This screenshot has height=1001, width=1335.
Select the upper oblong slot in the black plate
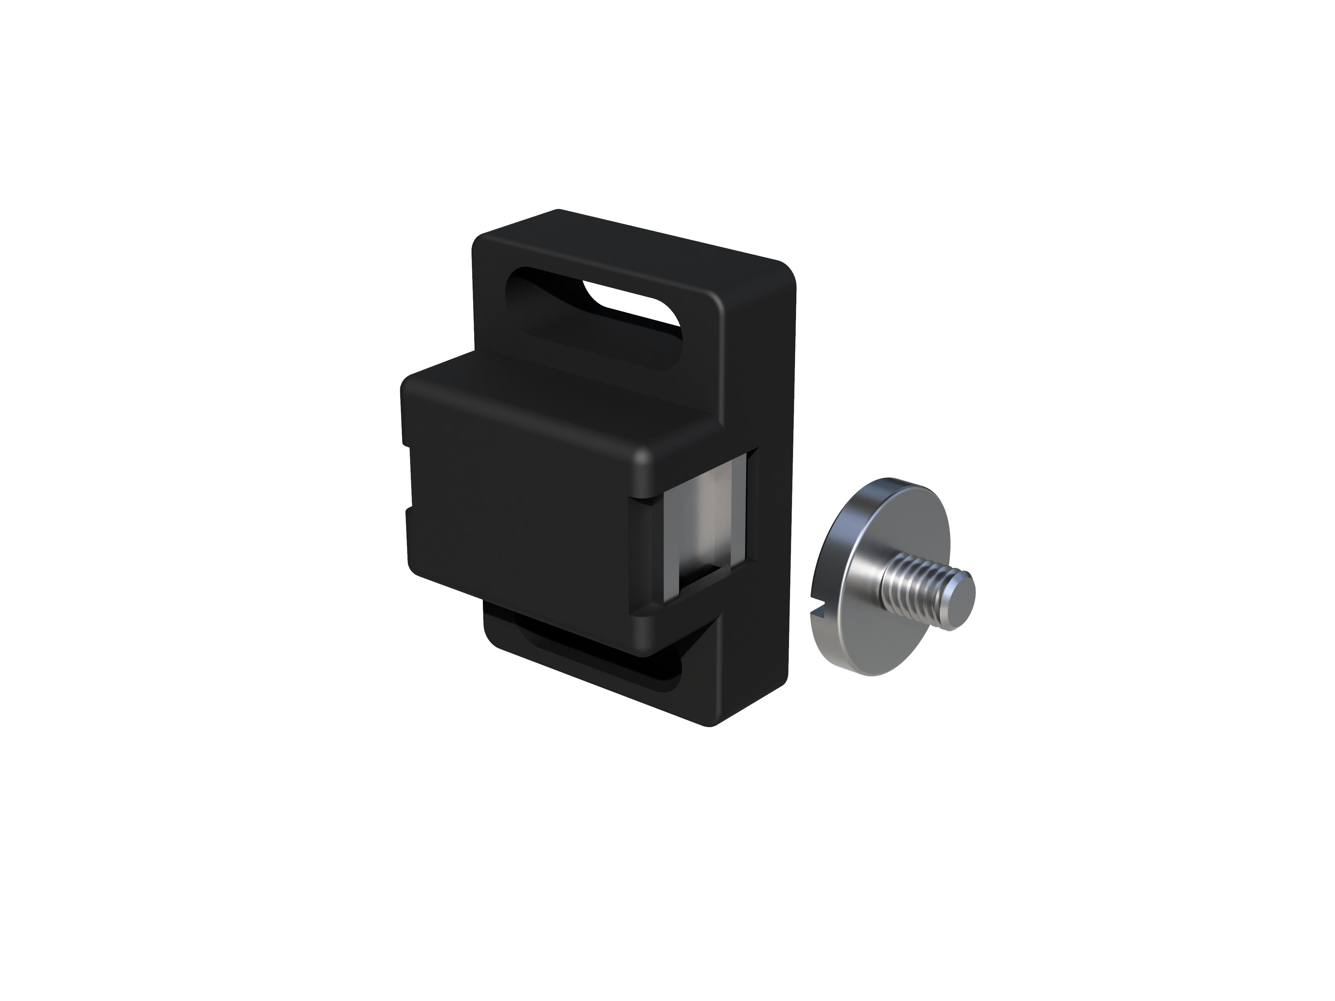point(594,320)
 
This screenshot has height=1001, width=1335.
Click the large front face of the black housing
point(519,513)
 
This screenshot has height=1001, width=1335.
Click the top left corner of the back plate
point(483,241)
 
